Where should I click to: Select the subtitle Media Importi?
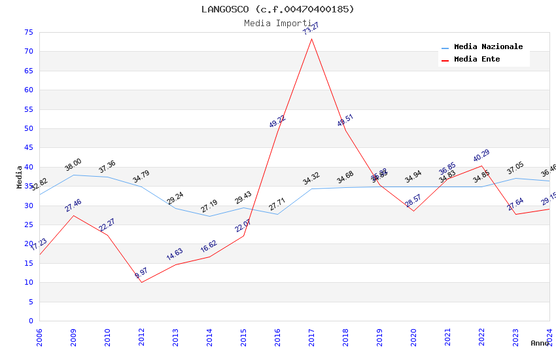coord(277,24)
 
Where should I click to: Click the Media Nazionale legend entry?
coord(488,47)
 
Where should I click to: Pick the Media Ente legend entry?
coord(477,60)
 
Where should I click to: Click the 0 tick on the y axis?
coord(30,321)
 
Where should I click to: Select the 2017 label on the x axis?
coord(311,337)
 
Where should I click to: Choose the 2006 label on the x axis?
coord(39,337)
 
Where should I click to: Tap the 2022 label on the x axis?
coord(482,337)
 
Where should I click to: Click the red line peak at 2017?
coord(311,39)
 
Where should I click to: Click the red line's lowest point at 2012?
coord(141,282)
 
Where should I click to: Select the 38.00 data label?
coord(73,165)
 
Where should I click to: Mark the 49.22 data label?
coord(277,121)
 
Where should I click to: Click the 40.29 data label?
coord(481,156)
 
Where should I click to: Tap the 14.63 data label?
coord(175,255)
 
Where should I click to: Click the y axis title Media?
coord(20,177)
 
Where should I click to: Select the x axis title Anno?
coord(540,343)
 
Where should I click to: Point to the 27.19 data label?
coord(209,206)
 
